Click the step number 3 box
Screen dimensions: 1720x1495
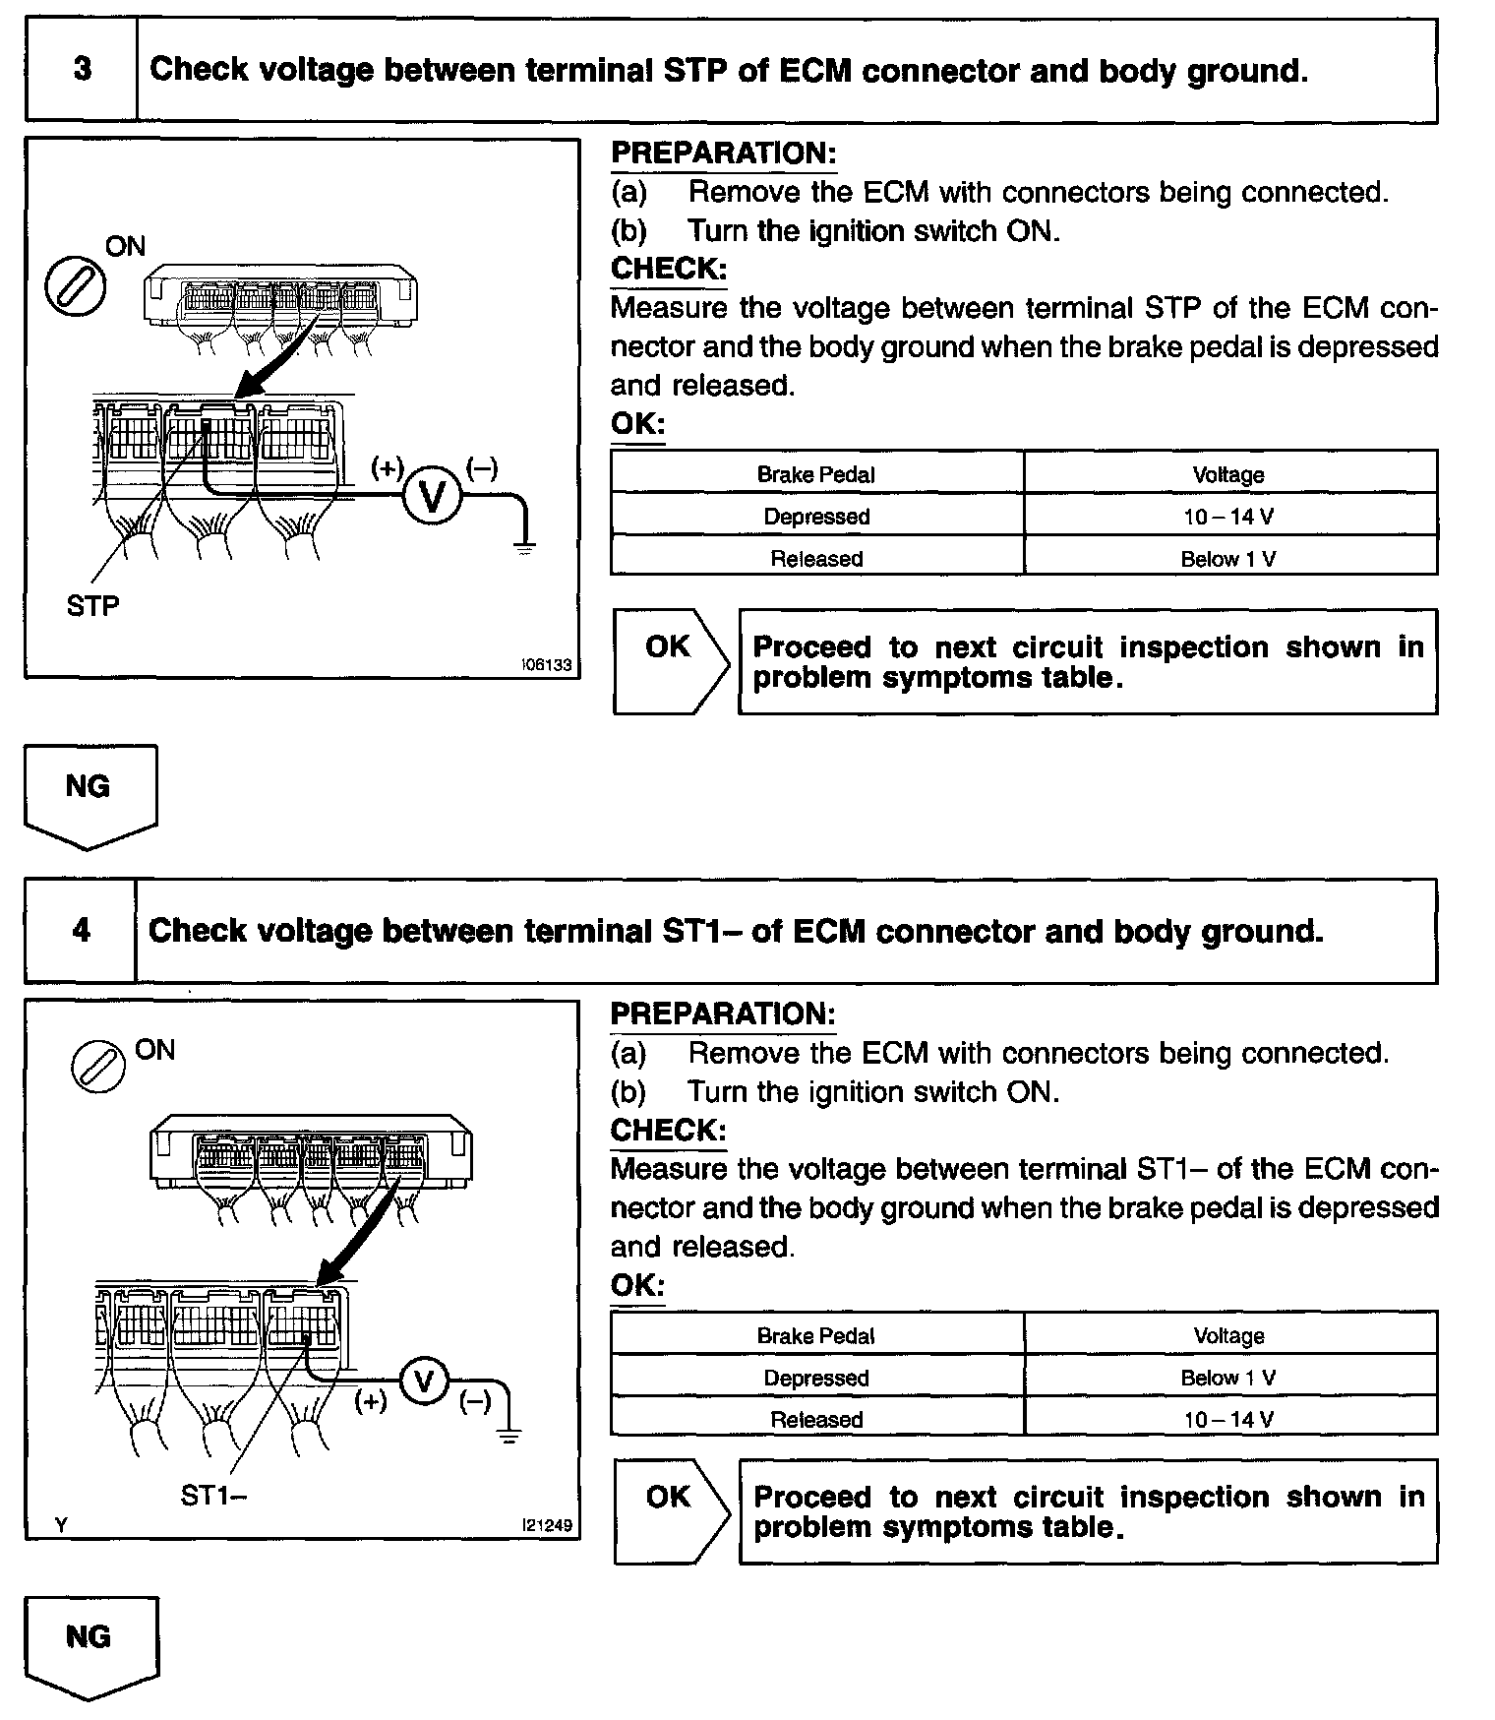(x=82, y=70)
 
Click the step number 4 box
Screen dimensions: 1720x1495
(x=81, y=930)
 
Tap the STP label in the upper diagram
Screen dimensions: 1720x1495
(x=92, y=605)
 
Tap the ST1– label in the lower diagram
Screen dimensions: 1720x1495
(x=213, y=1496)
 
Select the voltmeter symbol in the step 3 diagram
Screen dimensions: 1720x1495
(x=432, y=496)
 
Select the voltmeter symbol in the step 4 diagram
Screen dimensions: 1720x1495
(x=424, y=1382)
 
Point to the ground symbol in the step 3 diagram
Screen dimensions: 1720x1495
(x=525, y=546)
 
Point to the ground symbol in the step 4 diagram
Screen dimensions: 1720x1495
(x=508, y=1436)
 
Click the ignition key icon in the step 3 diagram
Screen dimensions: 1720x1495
(x=76, y=287)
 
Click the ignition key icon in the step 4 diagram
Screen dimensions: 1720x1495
(x=98, y=1067)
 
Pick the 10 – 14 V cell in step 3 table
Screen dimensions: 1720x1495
(x=1228, y=517)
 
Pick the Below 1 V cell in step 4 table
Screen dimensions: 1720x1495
(x=1228, y=1378)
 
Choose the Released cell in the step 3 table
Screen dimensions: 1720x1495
(x=816, y=559)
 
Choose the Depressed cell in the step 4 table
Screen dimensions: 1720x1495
(x=816, y=1378)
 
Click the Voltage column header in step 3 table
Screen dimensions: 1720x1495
(x=1228, y=474)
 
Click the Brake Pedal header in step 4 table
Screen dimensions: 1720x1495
(x=816, y=1335)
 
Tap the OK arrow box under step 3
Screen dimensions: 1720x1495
(x=670, y=660)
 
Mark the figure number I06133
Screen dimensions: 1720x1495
(x=547, y=665)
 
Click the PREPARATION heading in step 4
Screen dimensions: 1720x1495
(x=723, y=1014)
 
